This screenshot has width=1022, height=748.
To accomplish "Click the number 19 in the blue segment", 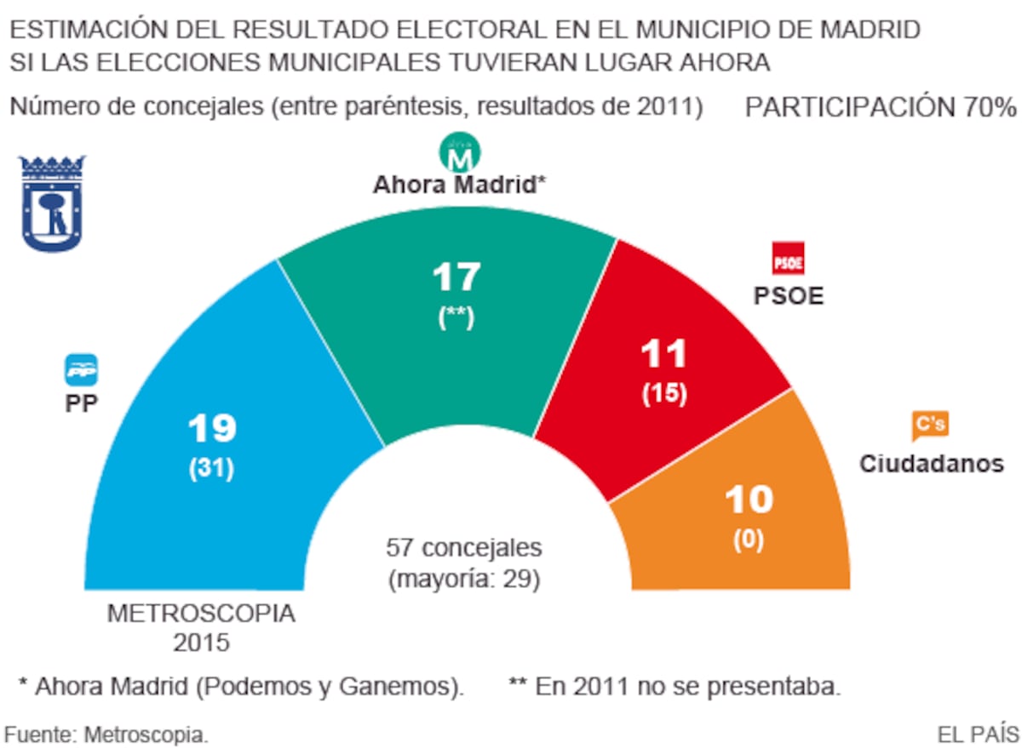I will pos(211,428).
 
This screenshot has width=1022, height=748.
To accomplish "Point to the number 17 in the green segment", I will pos(456,277).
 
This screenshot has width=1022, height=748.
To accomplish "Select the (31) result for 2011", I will pos(211,469).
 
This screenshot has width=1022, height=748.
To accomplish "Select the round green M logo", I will pos(460,152).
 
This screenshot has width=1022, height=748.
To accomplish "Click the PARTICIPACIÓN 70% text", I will pos(881,108).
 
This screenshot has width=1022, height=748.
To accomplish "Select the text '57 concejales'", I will pos(463,547).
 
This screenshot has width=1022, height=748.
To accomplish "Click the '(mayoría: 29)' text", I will pos(464,579).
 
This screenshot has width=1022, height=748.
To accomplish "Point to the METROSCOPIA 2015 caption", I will pos(201,627).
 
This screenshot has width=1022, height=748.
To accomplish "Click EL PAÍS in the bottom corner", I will pos(977,733).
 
